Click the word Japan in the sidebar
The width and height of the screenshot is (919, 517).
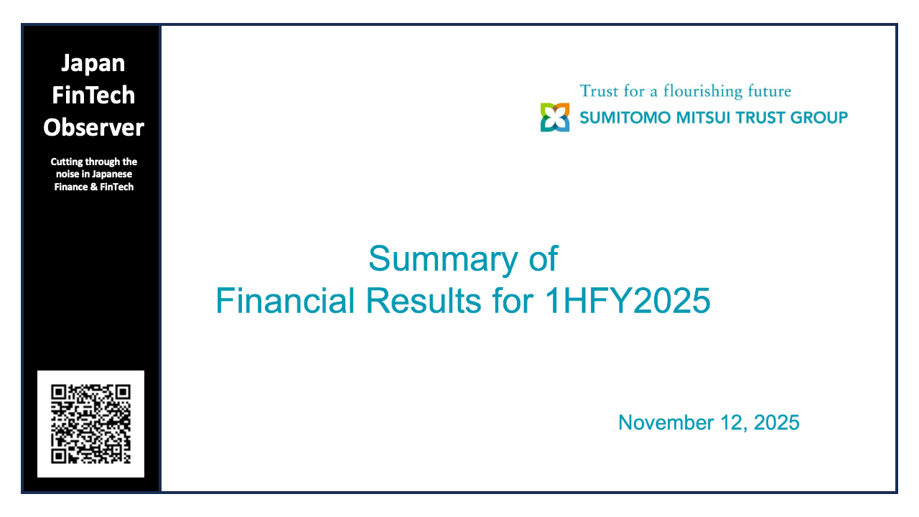coord(93,63)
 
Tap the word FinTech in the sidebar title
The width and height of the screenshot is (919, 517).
coord(93,95)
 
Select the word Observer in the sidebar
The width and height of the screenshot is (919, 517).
coord(93,127)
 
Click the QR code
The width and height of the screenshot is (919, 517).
coord(90,424)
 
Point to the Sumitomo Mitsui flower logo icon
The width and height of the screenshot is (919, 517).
coord(555,117)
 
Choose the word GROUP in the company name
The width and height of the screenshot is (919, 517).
coord(819,118)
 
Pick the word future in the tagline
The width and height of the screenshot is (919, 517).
coord(769,92)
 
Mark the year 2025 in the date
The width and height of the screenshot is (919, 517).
coord(776,423)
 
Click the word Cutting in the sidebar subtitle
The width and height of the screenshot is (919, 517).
coord(67,162)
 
